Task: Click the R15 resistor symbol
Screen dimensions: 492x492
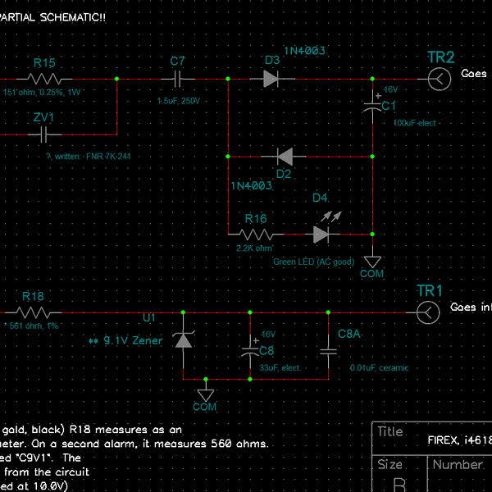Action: click(x=45, y=79)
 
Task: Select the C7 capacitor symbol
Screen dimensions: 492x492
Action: click(x=178, y=79)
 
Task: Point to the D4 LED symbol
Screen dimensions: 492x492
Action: click(x=321, y=233)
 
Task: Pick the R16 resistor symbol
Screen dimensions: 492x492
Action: click(x=256, y=234)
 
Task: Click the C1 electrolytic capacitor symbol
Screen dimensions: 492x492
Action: click(x=373, y=105)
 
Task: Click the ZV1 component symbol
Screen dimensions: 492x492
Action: click(x=44, y=134)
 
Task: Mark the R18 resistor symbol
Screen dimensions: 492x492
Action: click(x=33, y=312)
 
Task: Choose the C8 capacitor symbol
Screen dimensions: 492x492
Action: click(x=249, y=351)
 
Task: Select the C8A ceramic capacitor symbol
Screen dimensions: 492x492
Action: click(x=328, y=351)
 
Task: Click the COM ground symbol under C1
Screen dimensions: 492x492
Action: click(x=372, y=260)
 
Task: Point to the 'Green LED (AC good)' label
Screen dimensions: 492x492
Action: click(x=313, y=262)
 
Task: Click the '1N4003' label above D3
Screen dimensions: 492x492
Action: click(x=304, y=51)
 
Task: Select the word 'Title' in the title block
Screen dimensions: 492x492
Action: click(x=390, y=432)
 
